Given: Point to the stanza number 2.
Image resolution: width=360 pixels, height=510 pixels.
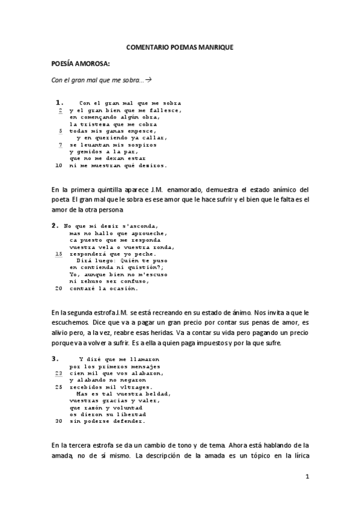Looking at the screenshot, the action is click(55, 226).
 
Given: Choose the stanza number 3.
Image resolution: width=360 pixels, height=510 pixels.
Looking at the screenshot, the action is click(55, 358).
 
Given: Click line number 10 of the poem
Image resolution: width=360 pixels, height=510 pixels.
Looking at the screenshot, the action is click(59, 165).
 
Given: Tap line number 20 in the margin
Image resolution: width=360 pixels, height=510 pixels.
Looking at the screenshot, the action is click(59, 288).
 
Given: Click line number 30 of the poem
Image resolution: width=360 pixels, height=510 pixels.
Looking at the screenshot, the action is click(59, 421).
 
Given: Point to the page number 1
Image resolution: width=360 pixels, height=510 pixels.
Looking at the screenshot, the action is click(307, 477).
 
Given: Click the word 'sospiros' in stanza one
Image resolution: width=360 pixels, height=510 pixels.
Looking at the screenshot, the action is click(138, 145).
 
